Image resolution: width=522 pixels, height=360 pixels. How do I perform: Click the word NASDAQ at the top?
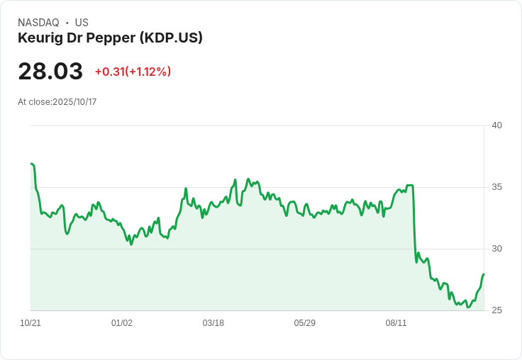[38, 23]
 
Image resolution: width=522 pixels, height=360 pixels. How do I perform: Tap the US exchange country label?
[82, 23]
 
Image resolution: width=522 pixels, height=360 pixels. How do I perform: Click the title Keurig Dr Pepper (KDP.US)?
[110, 38]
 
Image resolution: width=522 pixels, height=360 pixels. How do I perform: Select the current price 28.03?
[50, 72]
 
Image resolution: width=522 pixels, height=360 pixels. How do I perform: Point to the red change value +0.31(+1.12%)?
[133, 72]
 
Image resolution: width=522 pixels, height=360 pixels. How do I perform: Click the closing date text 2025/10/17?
[74, 102]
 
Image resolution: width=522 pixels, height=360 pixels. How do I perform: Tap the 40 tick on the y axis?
[497, 125]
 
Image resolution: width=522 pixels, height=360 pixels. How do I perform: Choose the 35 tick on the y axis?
[497, 187]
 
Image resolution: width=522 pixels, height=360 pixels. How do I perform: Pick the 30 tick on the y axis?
[497, 249]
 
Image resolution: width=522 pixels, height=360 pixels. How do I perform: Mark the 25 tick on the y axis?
[497, 310]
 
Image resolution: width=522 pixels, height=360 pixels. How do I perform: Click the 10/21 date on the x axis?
[30, 323]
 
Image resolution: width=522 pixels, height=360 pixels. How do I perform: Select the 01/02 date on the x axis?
[122, 323]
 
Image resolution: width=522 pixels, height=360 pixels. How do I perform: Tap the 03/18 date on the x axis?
[213, 323]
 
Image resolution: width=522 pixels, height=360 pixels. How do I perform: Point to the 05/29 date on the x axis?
[305, 323]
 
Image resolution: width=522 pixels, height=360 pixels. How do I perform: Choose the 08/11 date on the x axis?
[396, 323]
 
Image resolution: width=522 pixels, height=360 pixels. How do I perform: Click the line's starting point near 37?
[32, 164]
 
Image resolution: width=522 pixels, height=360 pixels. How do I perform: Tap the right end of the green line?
[484, 274]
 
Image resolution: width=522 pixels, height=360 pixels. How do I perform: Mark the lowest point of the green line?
[468, 307]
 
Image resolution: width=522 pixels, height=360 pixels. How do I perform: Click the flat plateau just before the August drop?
[409, 186]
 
